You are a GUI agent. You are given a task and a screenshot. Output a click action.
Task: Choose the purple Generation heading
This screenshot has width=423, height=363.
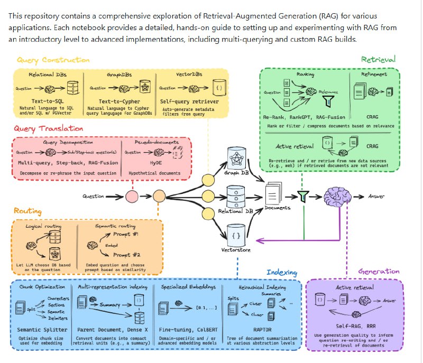pos(379,272)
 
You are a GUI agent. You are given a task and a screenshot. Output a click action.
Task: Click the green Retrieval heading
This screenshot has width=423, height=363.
pos(378,60)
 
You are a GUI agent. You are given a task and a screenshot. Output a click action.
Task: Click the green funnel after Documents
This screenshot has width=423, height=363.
pos(302,197)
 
